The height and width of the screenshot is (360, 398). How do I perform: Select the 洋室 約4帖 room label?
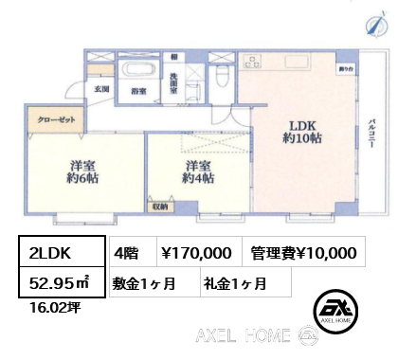click(198, 171)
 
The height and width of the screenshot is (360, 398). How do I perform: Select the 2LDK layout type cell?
click(53, 253)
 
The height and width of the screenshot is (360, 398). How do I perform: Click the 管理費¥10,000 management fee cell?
click(303, 253)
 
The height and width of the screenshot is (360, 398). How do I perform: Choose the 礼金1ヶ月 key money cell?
click(234, 281)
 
